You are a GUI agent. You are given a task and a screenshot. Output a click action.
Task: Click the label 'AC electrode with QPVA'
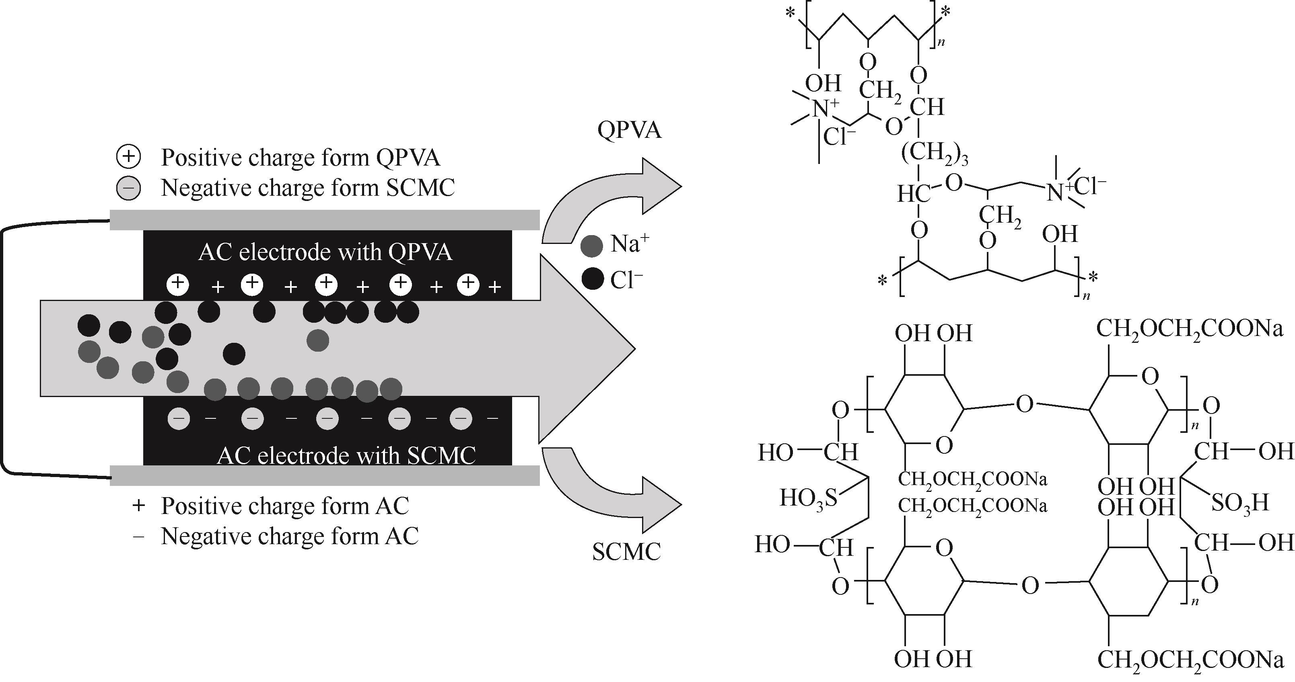click(x=325, y=252)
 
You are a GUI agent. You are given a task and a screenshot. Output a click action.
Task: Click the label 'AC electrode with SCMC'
click(x=346, y=455)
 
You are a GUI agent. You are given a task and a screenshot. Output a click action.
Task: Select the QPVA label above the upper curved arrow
click(x=630, y=130)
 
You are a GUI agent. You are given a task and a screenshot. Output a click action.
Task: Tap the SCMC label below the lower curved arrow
click(x=626, y=552)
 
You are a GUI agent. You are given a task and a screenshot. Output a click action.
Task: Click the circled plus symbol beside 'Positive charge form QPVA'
click(x=128, y=157)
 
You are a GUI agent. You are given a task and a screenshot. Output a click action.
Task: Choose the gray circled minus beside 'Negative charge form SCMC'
click(x=128, y=188)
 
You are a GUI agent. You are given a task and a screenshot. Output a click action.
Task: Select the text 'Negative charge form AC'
click(x=290, y=537)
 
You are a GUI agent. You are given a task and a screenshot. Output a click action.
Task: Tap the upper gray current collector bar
click(x=324, y=220)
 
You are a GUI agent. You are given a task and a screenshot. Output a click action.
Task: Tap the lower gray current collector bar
click(x=324, y=475)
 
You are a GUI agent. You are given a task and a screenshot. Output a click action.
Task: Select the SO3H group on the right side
click(x=1240, y=502)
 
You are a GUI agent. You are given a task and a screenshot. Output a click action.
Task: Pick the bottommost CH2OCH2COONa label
click(x=1190, y=660)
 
